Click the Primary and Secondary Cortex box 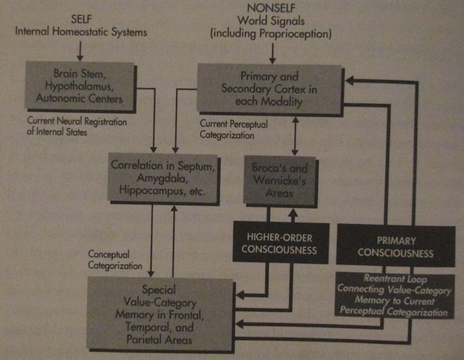269,89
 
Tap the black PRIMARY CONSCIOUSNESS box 395,247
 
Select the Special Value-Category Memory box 158,314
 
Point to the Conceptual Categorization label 109,260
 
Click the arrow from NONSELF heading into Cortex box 272,54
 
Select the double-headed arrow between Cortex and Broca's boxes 294,136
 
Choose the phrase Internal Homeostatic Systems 81,32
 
